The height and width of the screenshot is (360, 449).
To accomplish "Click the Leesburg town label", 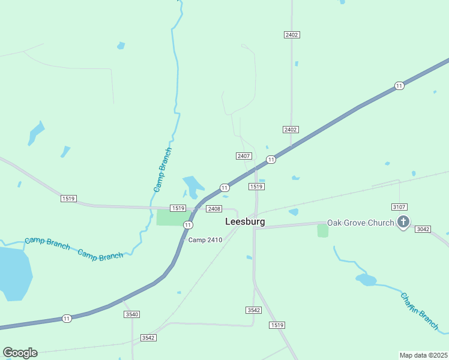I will click(x=245, y=221).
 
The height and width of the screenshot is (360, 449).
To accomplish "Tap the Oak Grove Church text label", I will click(x=360, y=223).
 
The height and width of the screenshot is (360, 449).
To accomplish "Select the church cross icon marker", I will click(x=403, y=223).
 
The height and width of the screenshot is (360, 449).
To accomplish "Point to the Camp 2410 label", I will click(x=205, y=240).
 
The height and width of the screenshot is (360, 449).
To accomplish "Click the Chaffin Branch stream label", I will click(x=420, y=311).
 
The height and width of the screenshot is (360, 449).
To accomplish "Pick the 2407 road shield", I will click(x=243, y=156).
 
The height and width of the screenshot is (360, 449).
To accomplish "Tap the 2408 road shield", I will click(x=214, y=209).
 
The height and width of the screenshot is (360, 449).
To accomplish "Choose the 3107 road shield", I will click(x=400, y=207).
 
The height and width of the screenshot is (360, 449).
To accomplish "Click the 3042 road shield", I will click(x=423, y=229).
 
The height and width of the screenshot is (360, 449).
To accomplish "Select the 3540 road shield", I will click(x=131, y=314).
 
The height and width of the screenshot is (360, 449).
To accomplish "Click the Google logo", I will click(x=20, y=353).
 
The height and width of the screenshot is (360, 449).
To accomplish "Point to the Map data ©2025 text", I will click(x=423, y=355).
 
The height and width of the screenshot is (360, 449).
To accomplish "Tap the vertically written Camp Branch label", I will click(x=163, y=170).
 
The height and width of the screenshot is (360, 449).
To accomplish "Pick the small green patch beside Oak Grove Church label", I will click(x=323, y=231).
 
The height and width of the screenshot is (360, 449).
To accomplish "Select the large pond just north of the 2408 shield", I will click(x=193, y=187).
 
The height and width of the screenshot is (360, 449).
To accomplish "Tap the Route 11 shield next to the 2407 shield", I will click(x=271, y=160).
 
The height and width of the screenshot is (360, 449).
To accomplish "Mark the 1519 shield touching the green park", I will click(x=177, y=208).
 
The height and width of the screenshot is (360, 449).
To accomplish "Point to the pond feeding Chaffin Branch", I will click(x=366, y=280).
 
